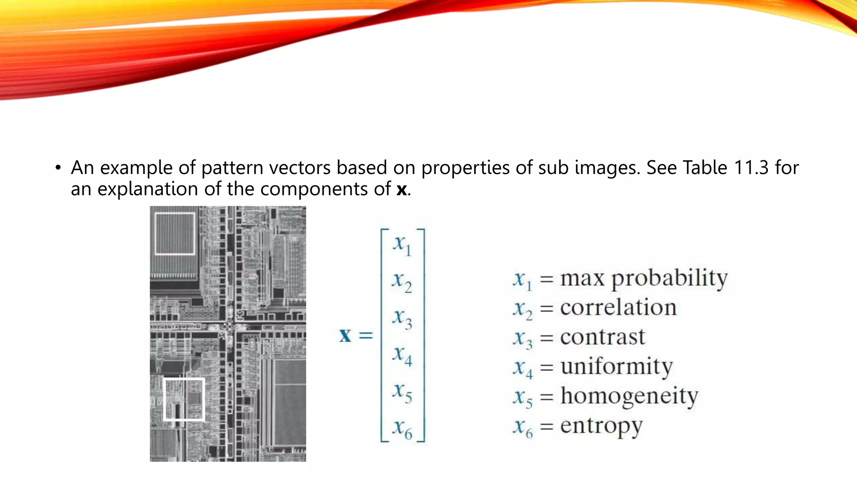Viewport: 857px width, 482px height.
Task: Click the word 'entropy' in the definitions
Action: point(601,426)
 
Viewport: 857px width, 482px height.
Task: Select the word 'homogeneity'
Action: point(629,396)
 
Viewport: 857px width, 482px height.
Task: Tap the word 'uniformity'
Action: point(616,367)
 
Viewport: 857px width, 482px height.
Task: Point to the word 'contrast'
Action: point(603,337)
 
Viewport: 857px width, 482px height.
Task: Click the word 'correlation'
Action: point(618,308)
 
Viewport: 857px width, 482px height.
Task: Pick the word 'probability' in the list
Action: point(669,278)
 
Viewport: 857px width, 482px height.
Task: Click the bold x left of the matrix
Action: point(345,336)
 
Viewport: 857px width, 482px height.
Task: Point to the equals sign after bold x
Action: point(365,336)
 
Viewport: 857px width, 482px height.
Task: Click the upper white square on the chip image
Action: point(175,233)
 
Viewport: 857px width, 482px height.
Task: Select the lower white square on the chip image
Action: point(184,399)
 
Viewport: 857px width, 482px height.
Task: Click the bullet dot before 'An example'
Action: point(58,168)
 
